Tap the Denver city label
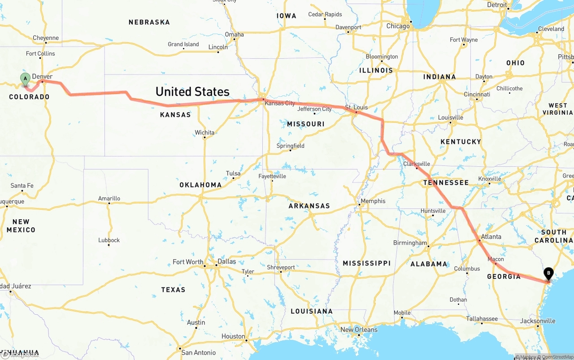(x=42, y=77)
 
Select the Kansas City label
(x=280, y=103)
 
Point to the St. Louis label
(x=356, y=107)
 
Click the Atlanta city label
(x=491, y=237)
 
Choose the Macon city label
(x=496, y=259)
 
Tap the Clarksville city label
(x=416, y=164)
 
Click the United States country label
(x=192, y=91)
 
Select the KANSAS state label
(x=175, y=115)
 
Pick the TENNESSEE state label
(x=446, y=182)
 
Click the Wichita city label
(x=204, y=132)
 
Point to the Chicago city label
(x=398, y=26)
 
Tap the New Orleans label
(x=359, y=330)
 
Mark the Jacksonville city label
(x=538, y=321)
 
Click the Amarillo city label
(x=109, y=198)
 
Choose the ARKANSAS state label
(x=309, y=206)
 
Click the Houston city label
(x=233, y=336)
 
